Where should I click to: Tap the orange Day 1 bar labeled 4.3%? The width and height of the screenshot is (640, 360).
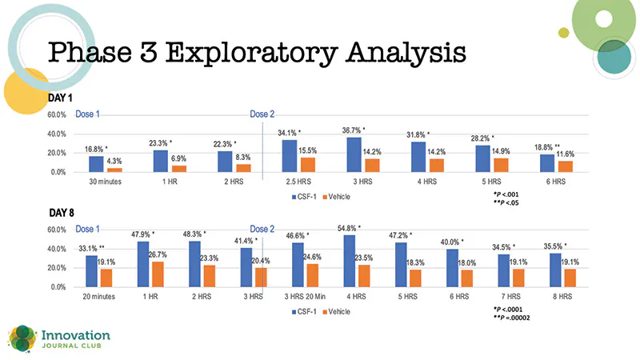point(115,169)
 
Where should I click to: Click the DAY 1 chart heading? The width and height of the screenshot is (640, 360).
point(62,97)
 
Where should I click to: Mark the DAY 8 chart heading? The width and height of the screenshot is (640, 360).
point(62,213)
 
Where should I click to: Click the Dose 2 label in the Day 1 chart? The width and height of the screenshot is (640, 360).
point(262,114)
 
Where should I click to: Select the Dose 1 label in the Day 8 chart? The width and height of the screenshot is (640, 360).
point(87,229)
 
